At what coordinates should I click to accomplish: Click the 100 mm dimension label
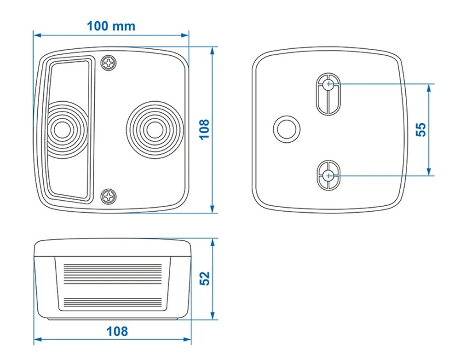pos(111,25)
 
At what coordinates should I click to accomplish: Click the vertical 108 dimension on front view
pos(204,129)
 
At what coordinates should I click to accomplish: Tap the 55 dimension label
pos(420,129)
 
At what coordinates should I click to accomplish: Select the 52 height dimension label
pos(204,278)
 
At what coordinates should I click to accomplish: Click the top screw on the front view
pos(109,63)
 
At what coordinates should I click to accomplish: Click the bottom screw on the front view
pos(109,197)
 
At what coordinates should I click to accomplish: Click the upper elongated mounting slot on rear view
pos(328,93)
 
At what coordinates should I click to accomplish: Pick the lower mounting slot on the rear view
pos(328,175)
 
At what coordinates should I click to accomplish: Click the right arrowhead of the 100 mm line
pos(186,35)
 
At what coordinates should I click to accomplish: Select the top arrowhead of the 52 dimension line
pos(213,242)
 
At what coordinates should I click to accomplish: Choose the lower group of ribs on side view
pos(112,302)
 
